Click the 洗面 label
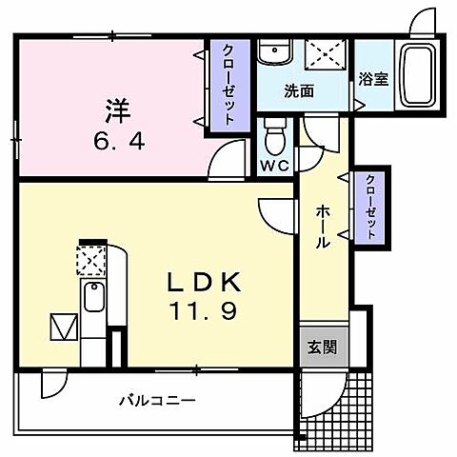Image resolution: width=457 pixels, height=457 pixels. (x=298, y=92)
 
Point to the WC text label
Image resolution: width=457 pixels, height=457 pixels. (x=274, y=165)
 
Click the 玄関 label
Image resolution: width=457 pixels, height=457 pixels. (x=321, y=347)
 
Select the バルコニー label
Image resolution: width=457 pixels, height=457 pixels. (x=158, y=401)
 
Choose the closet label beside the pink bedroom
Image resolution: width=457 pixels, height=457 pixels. (x=229, y=87)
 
